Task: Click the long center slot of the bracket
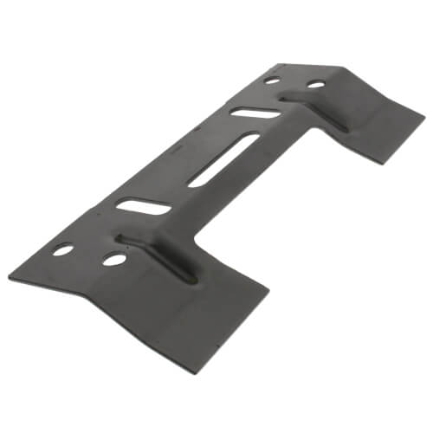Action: pos(223,160)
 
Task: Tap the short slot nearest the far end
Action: pos(255,112)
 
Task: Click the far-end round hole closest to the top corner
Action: pos(272,81)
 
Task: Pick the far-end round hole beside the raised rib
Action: pos(316,84)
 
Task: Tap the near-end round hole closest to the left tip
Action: pos(62,249)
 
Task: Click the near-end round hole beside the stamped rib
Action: pos(113,258)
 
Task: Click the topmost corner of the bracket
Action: pos(285,63)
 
